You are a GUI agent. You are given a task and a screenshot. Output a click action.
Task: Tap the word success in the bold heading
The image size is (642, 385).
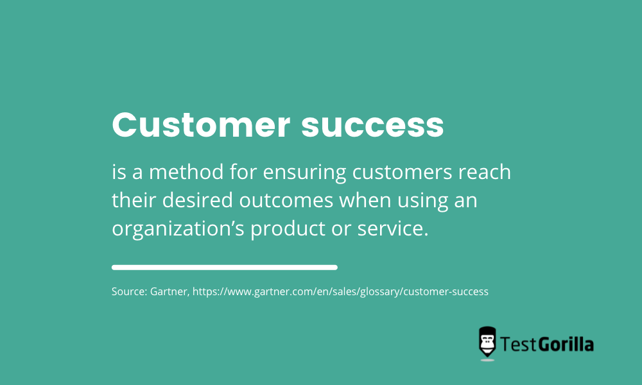pos(372,125)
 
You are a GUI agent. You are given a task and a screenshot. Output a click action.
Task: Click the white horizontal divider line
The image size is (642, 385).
pos(224,267)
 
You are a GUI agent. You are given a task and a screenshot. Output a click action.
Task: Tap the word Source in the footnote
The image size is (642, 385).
pos(128,291)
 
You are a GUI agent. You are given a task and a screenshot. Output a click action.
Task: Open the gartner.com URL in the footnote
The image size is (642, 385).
pos(340,291)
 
